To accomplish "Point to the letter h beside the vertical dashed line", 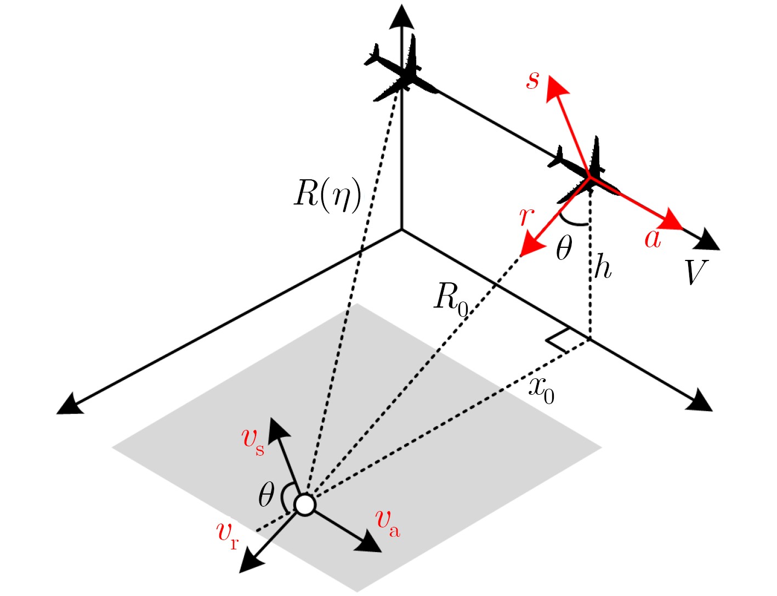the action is [x=603, y=266].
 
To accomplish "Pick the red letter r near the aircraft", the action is [x=527, y=217].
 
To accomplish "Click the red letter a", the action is [x=653, y=239].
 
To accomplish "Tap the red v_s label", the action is [x=253, y=442].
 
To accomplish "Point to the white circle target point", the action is [x=304, y=504].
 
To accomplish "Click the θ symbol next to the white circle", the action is [x=266, y=495].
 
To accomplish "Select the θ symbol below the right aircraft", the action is [x=564, y=247].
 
